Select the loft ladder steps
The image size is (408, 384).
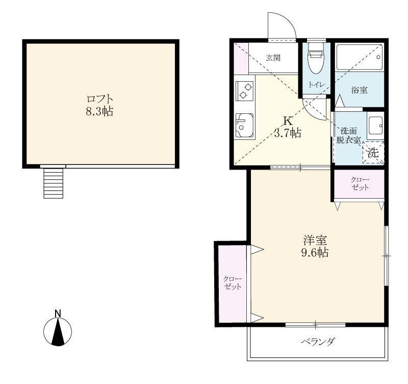click(x=54, y=183)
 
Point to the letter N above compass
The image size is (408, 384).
click(x=58, y=313)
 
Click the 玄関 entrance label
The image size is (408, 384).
click(x=273, y=58)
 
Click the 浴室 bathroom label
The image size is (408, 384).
click(x=359, y=90)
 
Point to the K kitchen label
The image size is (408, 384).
click(x=288, y=122)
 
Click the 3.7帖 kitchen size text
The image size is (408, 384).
click(x=288, y=134)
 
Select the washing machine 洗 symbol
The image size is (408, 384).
click(x=373, y=152)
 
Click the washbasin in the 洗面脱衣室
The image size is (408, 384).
click(x=375, y=125)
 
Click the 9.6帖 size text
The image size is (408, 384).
click(x=315, y=253)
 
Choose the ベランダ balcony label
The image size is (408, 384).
click(x=318, y=342)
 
